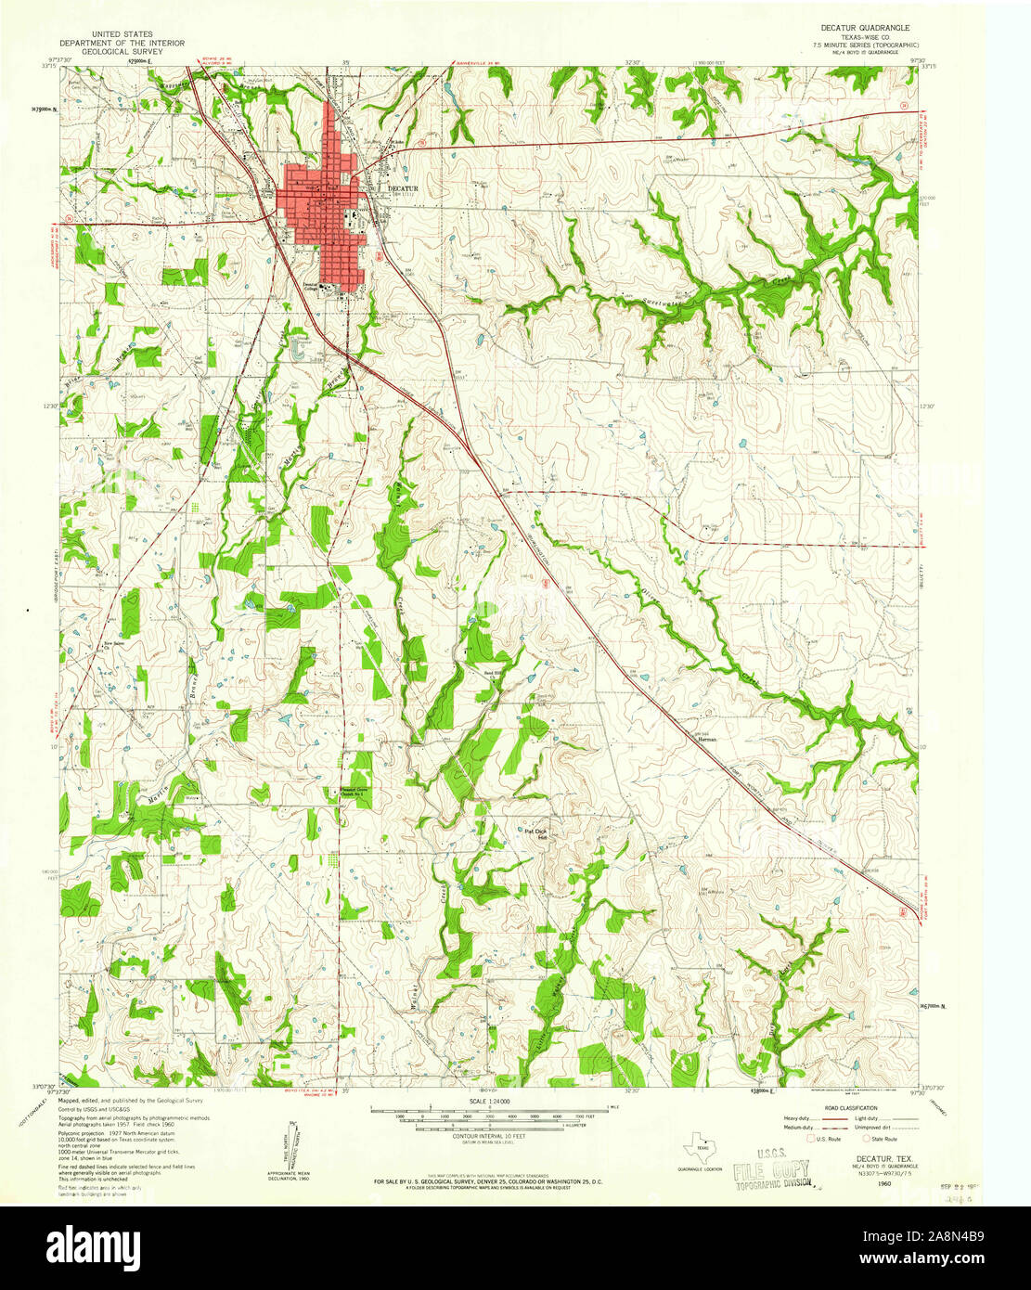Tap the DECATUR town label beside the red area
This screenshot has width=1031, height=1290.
403,188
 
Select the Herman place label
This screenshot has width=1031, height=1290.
707,739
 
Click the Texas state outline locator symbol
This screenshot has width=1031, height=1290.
700,1152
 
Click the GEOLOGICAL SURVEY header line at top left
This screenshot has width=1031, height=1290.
122,53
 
